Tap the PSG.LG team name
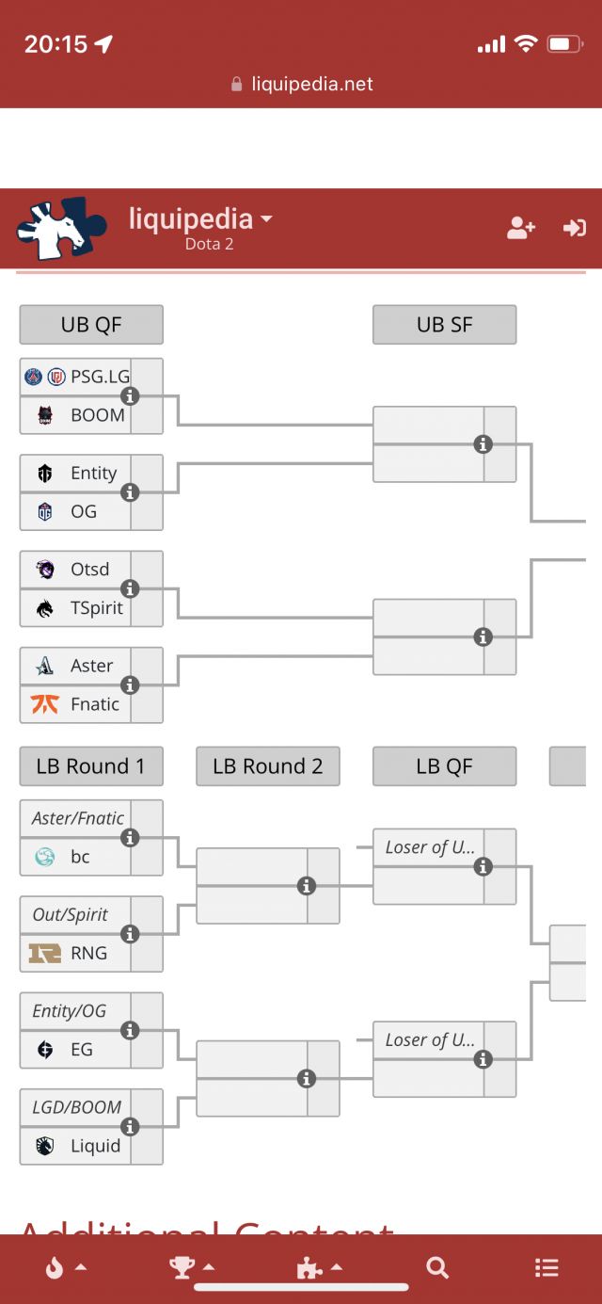pos(100,377)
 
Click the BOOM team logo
pos(45,415)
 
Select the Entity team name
pos(93,473)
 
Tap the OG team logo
pos(45,511)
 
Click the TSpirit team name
pos(96,607)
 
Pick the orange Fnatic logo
pos(45,703)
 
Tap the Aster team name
pos(91,666)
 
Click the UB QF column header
pos(91,325)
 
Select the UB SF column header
pos(444,325)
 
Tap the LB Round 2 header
pos(267,766)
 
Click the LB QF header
pos(444,766)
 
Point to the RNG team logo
pos(45,953)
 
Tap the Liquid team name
pos(95,1146)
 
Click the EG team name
pos(82,1049)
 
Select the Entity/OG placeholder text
pos(69,1011)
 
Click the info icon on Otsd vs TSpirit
pos(130,588)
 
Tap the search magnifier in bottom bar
pos(437,1267)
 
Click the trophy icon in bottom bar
pos(182,1267)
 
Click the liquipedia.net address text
pos(311,84)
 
